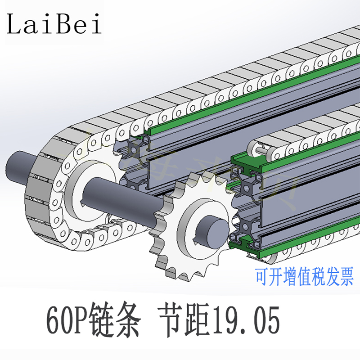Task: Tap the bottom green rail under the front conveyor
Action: click(288, 238)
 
